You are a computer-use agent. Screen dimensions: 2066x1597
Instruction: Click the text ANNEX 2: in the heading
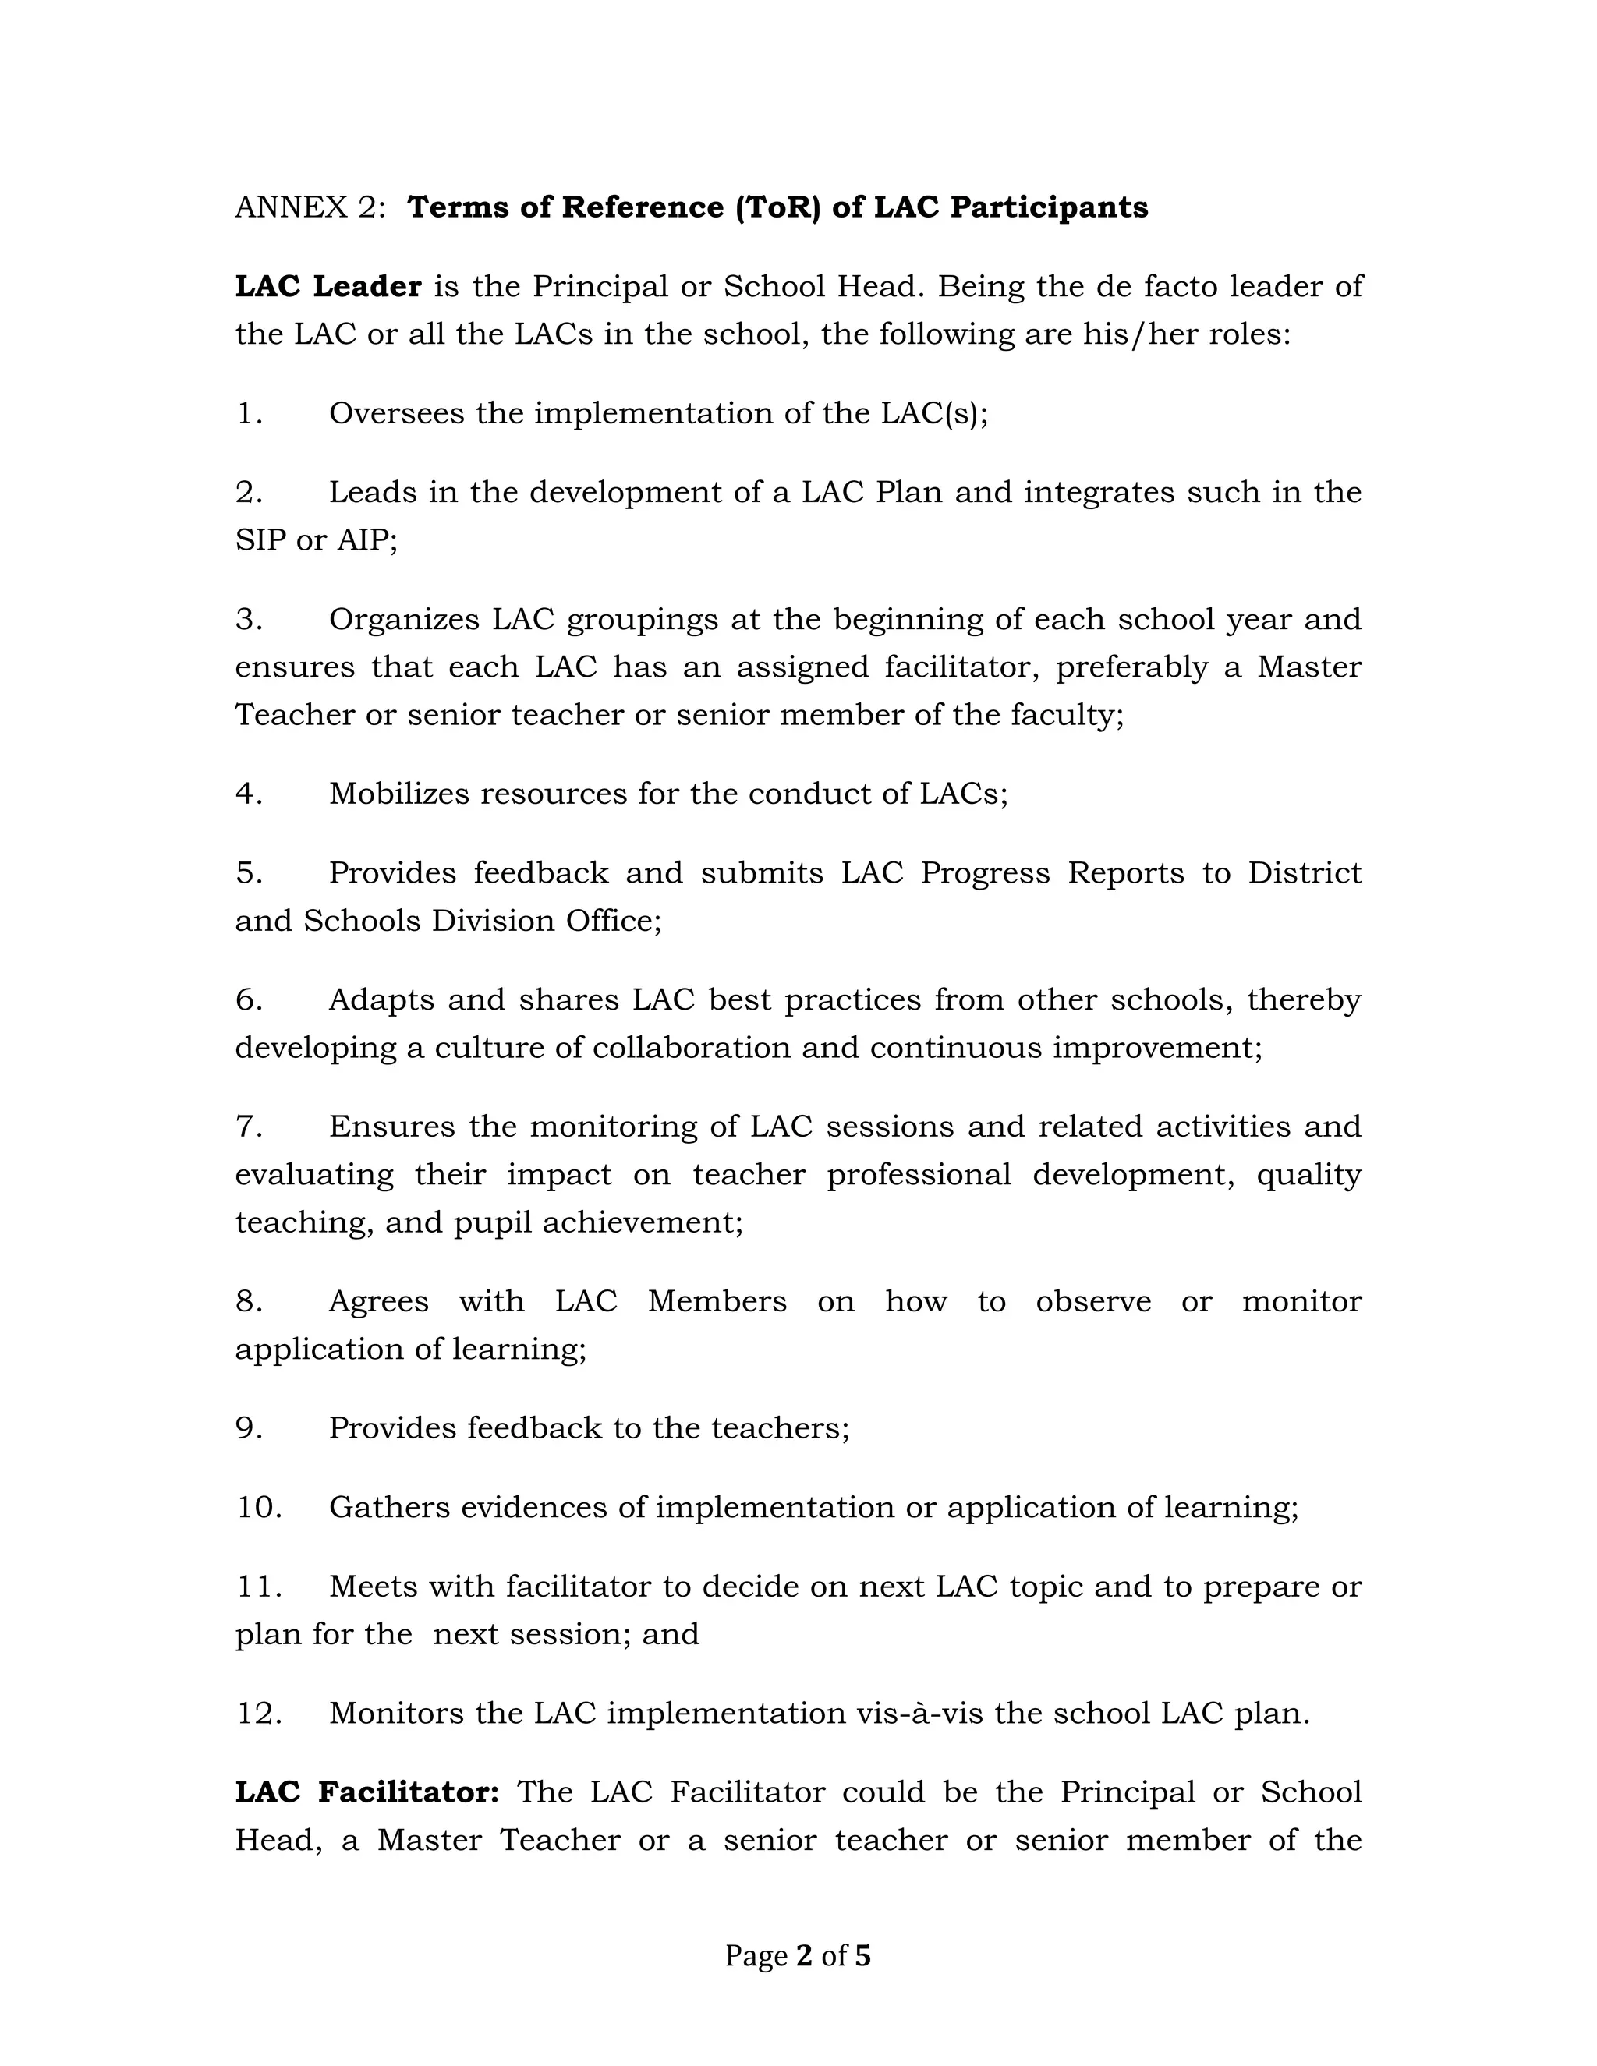(x=310, y=207)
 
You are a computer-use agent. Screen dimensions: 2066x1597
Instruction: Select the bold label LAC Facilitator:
(x=366, y=1792)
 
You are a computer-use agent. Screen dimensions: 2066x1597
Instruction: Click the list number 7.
(x=248, y=1126)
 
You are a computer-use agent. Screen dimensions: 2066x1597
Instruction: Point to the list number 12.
(x=258, y=1713)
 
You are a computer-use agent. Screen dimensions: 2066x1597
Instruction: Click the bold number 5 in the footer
(x=862, y=1955)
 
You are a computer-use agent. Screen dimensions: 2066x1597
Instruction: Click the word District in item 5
(x=1304, y=872)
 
